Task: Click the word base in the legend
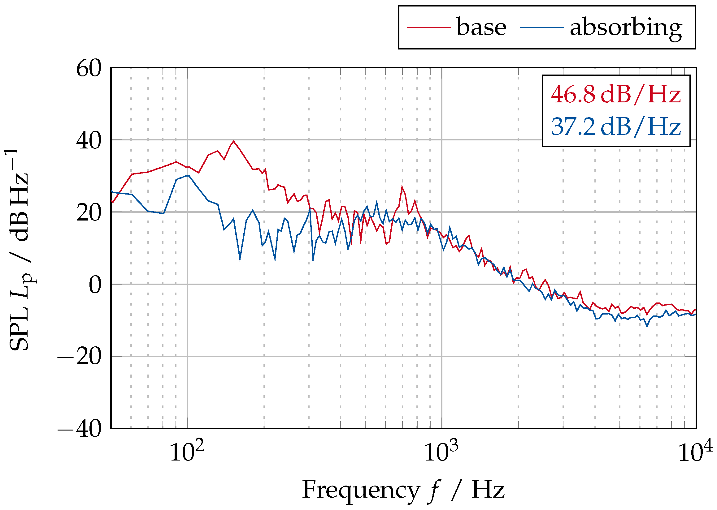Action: pyautogui.click(x=481, y=27)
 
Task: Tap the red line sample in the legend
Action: pyautogui.click(x=428, y=27)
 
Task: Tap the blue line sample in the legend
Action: pyautogui.click(x=541, y=27)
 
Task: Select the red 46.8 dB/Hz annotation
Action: pyautogui.click(x=615, y=94)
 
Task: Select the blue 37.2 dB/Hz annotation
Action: pyautogui.click(x=615, y=127)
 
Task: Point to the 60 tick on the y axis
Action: pyautogui.click(x=89, y=68)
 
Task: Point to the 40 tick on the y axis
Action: pyautogui.click(x=89, y=141)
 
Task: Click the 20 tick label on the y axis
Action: pyautogui.click(x=89, y=213)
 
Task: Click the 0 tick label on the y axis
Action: pyautogui.click(x=95, y=285)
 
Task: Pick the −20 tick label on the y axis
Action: pyautogui.click(x=80, y=357)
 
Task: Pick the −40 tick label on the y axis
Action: pyautogui.click(x=80, y=429)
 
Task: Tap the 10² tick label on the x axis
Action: pyautogui.click(x=187, y=451)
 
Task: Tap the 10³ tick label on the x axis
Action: pyautogui.click(x=441, y=451)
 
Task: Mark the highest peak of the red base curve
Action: pyautogui.click(x=233, y=141)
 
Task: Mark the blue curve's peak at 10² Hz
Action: pyautogui.click(x=188, y=176)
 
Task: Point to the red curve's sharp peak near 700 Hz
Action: pyautogui.click(x=402, y=187)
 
